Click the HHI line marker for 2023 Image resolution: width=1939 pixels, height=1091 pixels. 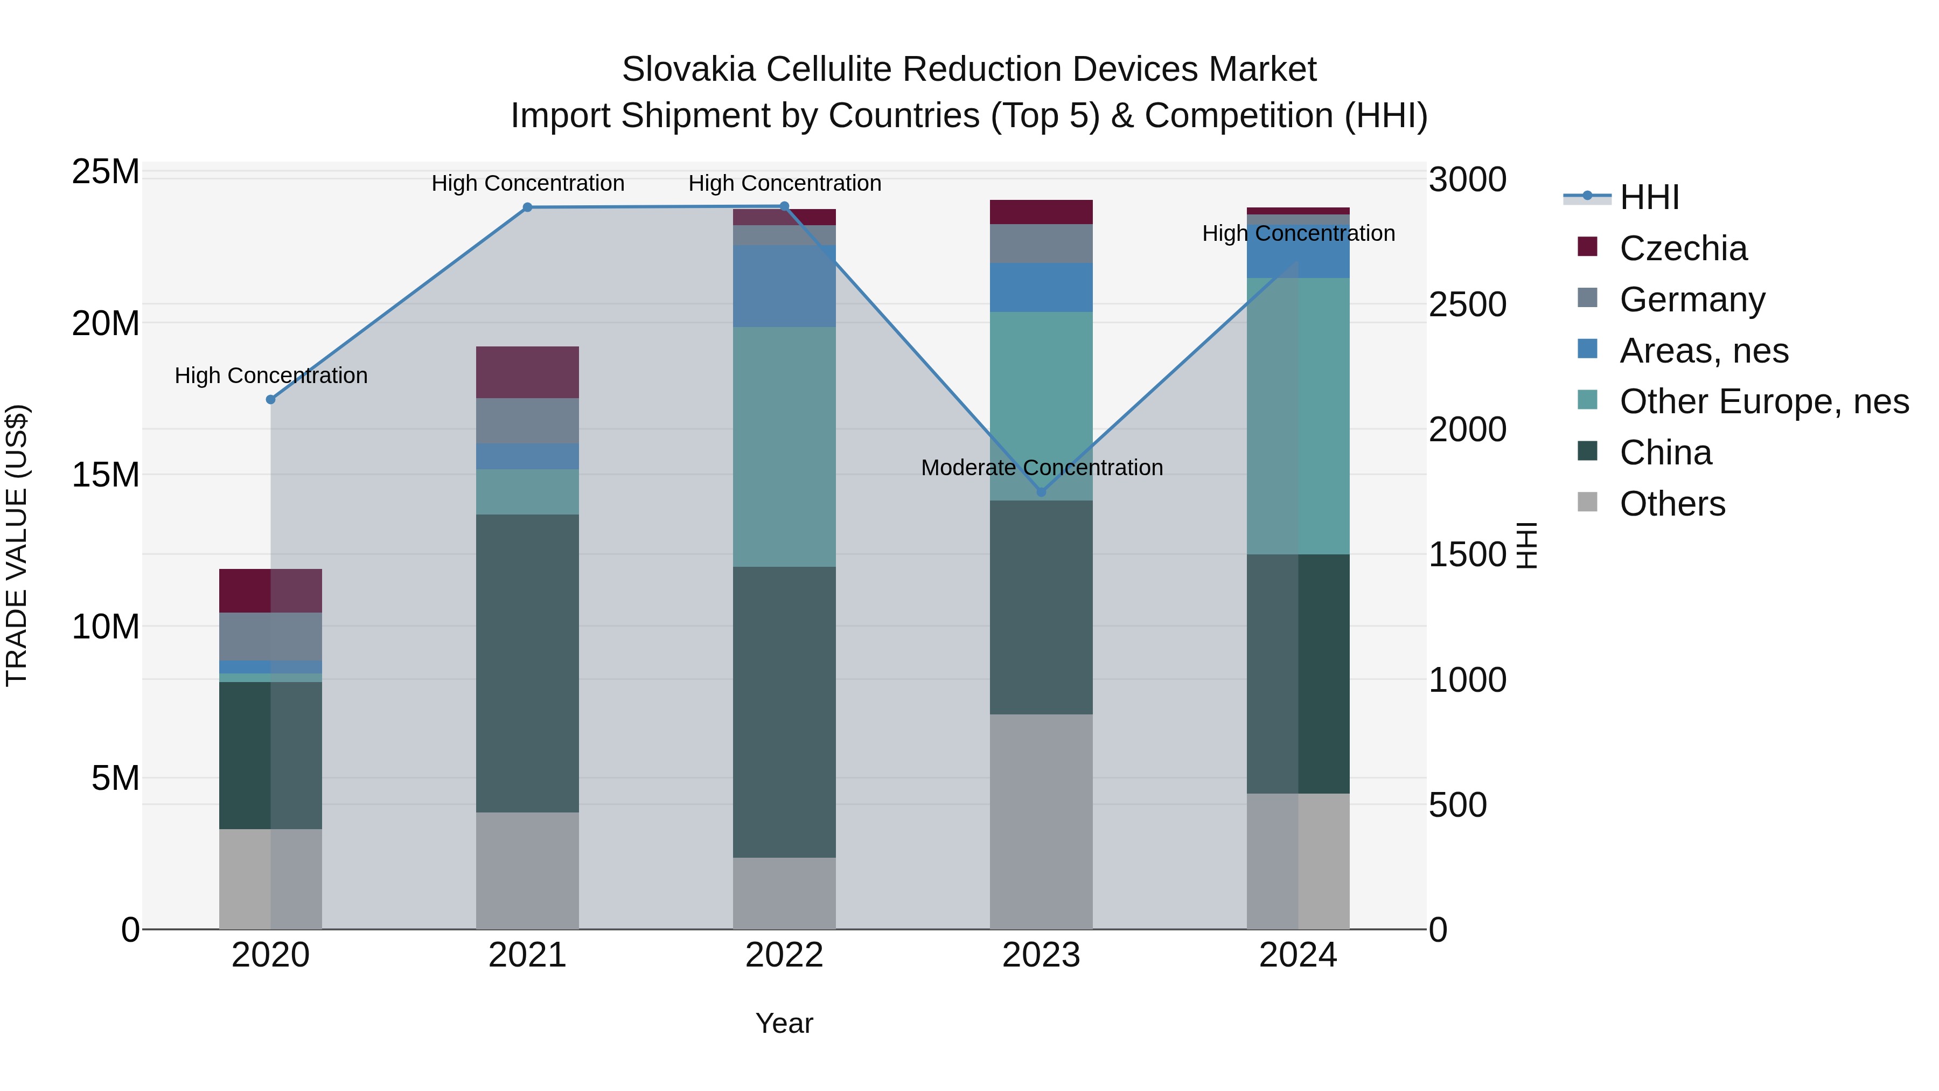pyautogui.click(x=1041, y=492)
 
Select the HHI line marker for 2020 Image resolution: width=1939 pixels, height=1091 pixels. pyautogui.click(x=271, y=399)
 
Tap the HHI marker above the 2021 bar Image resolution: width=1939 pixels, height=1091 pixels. pyautogui.click(x=528, y=207)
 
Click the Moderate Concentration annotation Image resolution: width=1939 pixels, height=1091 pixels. pyautogui.click(x=1042, y=468)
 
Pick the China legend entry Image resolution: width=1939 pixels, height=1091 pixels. pyautogui.click(x=1665, y=453)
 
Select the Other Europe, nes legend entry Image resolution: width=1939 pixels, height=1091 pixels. pyautogui.click(x=1763, y=401)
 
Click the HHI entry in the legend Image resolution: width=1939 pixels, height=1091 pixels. pyautogui.click(x=1649, y=197)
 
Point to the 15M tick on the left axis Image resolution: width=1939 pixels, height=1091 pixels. pyautogui.click(x=106, y=475)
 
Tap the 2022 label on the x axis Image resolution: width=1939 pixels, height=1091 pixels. pyautogui.click(x=784, y=955)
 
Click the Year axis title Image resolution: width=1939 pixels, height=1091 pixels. pyautogui.click(x=784, y=1023)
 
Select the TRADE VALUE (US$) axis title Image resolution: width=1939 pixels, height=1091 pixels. pyautogui.click(x=17, y=545)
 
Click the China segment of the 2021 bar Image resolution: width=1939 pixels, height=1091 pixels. pyautogui.click(x=528, y=663)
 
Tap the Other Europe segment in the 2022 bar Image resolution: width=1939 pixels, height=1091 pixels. pyautogui.click(x=784, y=447)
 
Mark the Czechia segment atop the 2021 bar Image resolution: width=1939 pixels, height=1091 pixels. pyautogui.click(x=528, y=372)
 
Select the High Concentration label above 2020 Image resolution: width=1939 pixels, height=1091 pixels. pyautogui.click(x=271, y=375)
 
